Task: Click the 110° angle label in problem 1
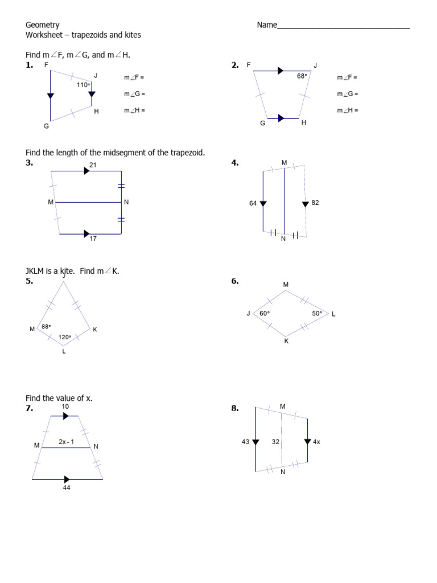pyautogui.click(x=83, y=85)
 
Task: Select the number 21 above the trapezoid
pyautogui.click(x=93, y=165)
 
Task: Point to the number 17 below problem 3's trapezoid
pyautogui.click(x=93, y=239)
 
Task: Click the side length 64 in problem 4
pyautogui.click(x=253, y=203)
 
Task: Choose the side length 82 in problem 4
pyautogui.click(x=315, y=203)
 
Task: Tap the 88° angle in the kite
pyautogui.click(x=46, y=326)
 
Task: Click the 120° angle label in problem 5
pyautogui.click(x=65, y=337)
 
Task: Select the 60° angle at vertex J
pyautogui.click(x=265, y=313)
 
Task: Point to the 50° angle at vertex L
pyautogui.click(x=317, y=313)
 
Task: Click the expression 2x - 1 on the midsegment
pyautogui.click(x=67, y=442)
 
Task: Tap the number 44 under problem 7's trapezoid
pyautogui.click(x=67, y=488)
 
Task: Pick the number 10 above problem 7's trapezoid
pyautogui.click(x=65, y=407)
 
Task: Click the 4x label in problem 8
pyautogui.click(x=316, y=442)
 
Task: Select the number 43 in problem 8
pyautogui.click(x=246, y=442)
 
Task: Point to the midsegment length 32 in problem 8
pyautogui.click(x=275, y=442)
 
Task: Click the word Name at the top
pyautogui.click(x=267, y=25)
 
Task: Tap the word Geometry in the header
pyautogui.click(x=43, y=25)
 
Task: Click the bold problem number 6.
pyautogui.click(x=235, y=281)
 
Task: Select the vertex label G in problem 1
pyautogui.click(x=47, y=126)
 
